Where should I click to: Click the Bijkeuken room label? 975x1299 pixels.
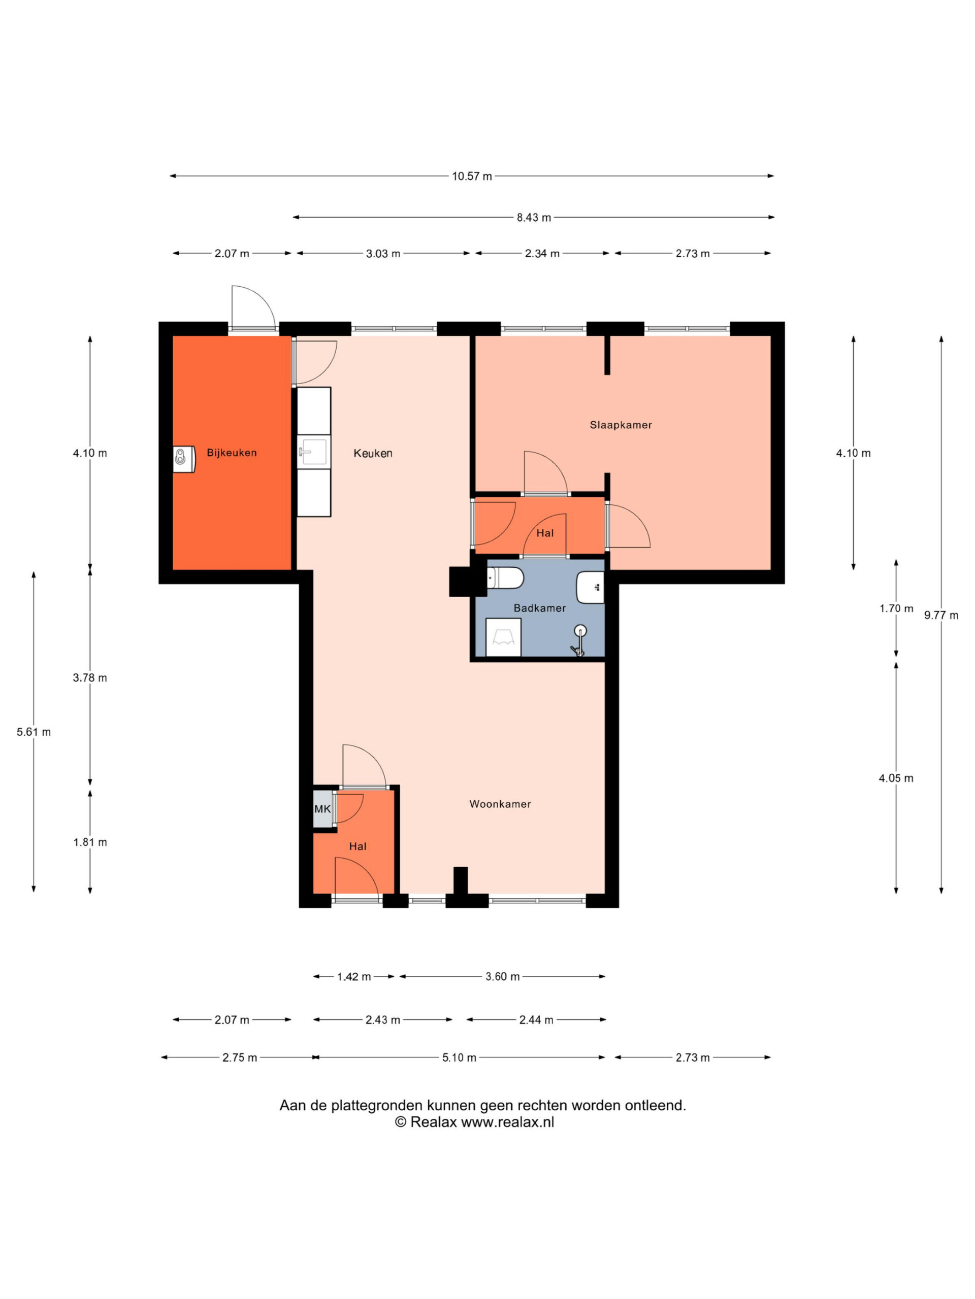[x=232, y=453]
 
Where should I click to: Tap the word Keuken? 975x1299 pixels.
[x=373, y=453]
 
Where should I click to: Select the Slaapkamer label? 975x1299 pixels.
[x=621, y=425]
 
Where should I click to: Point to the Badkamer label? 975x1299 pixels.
[x=539, y=608]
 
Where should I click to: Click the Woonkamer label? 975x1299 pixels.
[x=500, y=804]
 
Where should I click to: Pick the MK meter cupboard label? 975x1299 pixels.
[x=322, y=809]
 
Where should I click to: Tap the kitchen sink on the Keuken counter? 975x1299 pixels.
[x=314, y=452]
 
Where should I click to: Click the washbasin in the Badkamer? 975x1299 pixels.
[x=590, y=587]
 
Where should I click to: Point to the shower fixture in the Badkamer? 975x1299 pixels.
[x=579, y=640]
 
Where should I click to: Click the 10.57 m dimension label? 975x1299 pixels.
[x=472, y=176]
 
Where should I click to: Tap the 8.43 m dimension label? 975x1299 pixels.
[x=534, y=217]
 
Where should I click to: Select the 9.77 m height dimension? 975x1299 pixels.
[x=941, y=616]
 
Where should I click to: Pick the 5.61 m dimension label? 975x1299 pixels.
[x=34, y=732]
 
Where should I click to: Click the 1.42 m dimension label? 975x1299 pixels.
[x=354, y=977]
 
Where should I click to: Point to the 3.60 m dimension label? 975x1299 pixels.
[x=503, y=977]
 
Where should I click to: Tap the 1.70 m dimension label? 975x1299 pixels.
[x=896, y=608]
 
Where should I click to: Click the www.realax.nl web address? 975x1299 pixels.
[x=507, y=1121]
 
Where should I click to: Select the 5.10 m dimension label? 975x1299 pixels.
[x=459, y=1057]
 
